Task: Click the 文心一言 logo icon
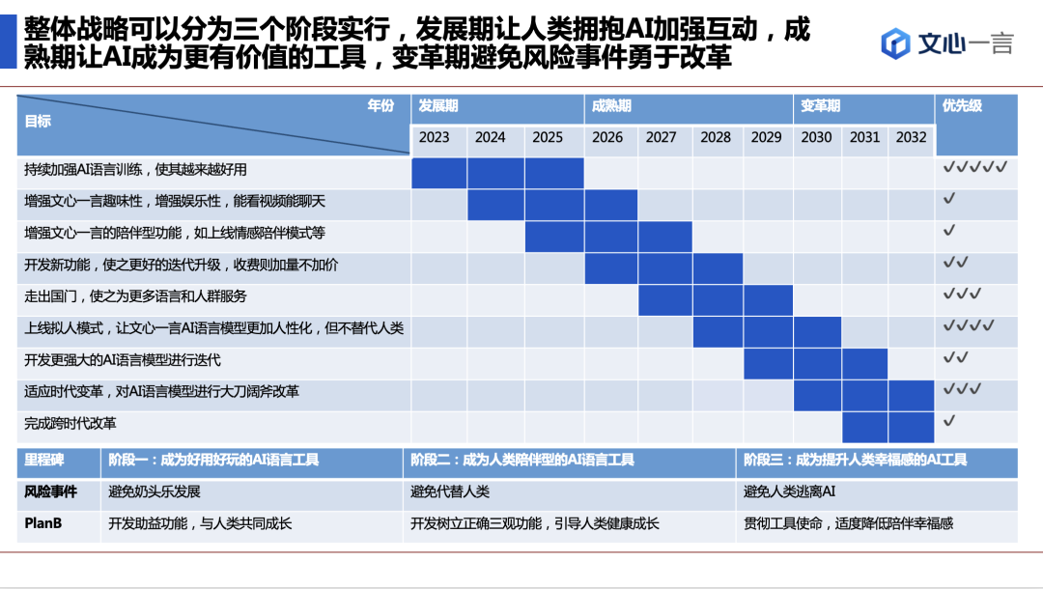pyautogui.click(x=896, y=43)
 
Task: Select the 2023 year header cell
pyautogui.click(x=435, y=137)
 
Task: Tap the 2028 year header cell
pyautogui.click(x=716, y=137)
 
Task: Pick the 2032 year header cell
pyautogui.click(x=911, y=137)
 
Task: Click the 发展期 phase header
pyautogui.click(x=438, y=106)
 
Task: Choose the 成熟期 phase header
pyautogui.click(x=611, y=106)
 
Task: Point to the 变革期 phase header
pyautogui.click(x=820, y=106)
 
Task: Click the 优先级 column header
pyautogui.click(x=962, y=106)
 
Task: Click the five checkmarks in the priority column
pyautogui.click(x=975, y=167)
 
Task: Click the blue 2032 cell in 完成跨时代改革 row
pyautogui.click(x=912, y=426)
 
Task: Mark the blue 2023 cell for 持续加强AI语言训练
pyautogui.click(x=439, y=173)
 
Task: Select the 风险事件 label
pyautogui.click(x=50, y=492)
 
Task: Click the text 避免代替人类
pyautogui.click(x=450, y=492)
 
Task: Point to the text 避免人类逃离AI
pyautogui.click(x=789, y=492)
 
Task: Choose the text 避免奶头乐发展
pyautogui.click(x=155, y=492)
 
